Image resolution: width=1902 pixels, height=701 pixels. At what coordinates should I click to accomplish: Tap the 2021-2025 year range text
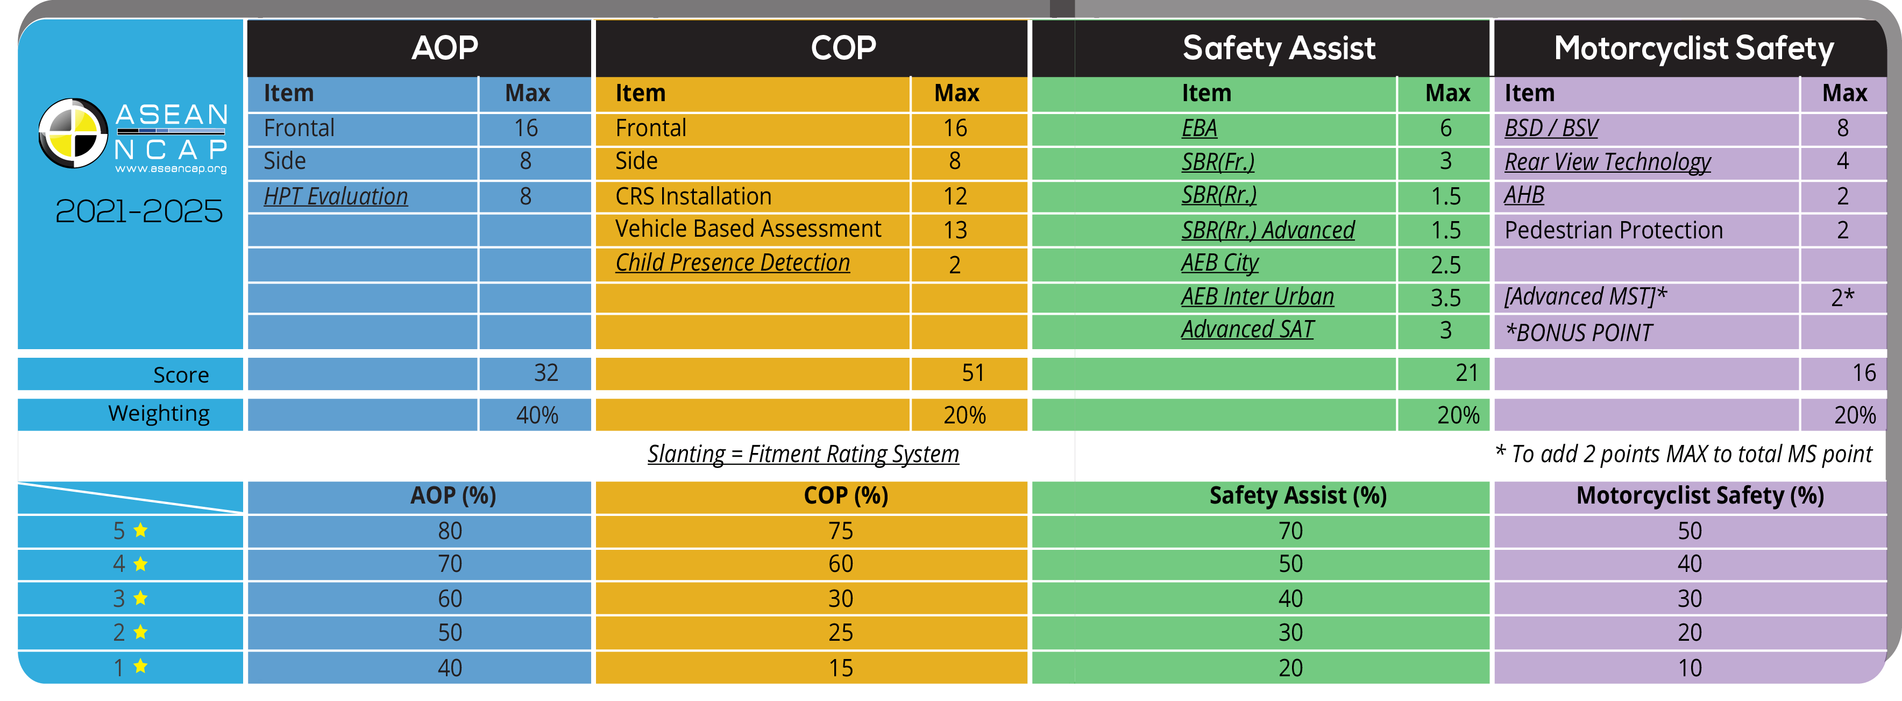139,211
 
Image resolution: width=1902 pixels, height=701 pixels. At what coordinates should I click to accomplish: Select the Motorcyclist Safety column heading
1693,49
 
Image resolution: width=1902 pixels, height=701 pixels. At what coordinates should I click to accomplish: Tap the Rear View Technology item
1607,162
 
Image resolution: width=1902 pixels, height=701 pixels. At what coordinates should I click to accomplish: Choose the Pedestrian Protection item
1613,230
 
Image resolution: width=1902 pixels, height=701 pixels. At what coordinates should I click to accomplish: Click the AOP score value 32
545,373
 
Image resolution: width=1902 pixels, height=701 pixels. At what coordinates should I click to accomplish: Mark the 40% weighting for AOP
537,415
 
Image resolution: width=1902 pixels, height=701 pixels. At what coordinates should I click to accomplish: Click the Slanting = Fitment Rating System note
803,454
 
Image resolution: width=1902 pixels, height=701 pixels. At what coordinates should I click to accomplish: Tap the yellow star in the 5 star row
140,530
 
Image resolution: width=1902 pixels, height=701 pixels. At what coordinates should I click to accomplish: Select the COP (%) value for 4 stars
840,564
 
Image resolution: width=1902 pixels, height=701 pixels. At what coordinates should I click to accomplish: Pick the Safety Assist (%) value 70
1290,531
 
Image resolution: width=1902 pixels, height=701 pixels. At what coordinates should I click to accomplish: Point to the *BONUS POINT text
1579,333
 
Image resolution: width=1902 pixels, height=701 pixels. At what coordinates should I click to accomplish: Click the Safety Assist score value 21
1466,373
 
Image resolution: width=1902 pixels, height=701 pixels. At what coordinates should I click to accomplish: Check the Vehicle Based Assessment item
748,229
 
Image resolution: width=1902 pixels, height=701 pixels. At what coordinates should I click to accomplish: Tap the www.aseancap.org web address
171,169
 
